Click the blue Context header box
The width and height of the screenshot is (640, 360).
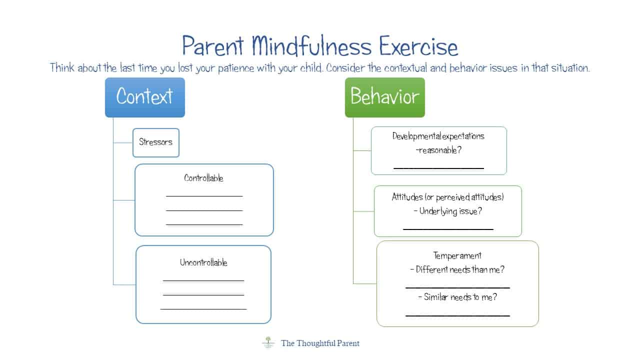pyautogui.click(x=144, y=97)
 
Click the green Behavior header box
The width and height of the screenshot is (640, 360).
pyautogui.click(x=384, y=97)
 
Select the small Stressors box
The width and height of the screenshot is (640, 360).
pyautogui.click(x=155, y=142)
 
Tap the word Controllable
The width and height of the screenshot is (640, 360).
pyautogui.click(x=203, y=178)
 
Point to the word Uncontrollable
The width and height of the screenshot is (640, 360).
pyautogui.click(x=203, y=262)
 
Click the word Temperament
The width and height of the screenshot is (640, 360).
pyautogui.click(x=457, y=255)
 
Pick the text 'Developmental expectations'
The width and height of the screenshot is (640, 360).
pyautogui.click(x=438, y=136)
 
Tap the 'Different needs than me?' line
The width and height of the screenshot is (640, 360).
pyautogui.click(x=460, y=269)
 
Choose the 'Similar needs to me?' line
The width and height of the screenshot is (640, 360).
pyautogui.click(x=460, y=297)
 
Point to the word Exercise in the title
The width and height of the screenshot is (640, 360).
pyautogui.click(x=418, y=46)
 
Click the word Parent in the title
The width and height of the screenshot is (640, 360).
pyautogui.click(x=212, y=46)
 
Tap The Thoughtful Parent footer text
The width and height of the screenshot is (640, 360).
pyautogui.click(x=320, y=343)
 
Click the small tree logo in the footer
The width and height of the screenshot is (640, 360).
pyautogui.click(x=267, y=342)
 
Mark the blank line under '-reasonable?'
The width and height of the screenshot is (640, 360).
pyautogui.click(x=438, y=168)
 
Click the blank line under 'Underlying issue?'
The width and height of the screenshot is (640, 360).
pyautogui.click(x=448, y=229)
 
